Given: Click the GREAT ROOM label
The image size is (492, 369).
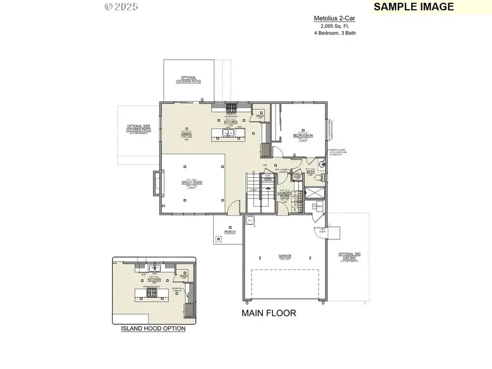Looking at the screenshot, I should point(192,183).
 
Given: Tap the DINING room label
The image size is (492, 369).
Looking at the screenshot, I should point(186,133).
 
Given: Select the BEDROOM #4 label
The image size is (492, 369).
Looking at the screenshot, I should point(303,135).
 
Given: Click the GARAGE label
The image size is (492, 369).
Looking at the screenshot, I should point(284,256).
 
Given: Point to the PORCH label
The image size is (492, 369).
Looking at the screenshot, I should point(230,232).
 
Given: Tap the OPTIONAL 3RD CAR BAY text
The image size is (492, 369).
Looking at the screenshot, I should point(349,256).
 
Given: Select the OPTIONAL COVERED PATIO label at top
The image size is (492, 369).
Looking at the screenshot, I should point(188,80).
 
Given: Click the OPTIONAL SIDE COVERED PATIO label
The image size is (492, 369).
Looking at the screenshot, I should point(138,128).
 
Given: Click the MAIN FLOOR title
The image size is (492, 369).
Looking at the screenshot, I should point(268,313).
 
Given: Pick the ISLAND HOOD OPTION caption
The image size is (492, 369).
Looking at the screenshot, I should point(153,329).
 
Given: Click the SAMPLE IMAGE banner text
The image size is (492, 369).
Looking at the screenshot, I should point(414,7).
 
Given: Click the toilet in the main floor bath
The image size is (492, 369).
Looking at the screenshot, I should point(321,177).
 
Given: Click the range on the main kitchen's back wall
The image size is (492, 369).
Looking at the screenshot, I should point(232,107).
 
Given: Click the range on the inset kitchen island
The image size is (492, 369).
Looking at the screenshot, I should point(150,292).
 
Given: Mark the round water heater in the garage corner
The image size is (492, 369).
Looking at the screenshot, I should point(250,220).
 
